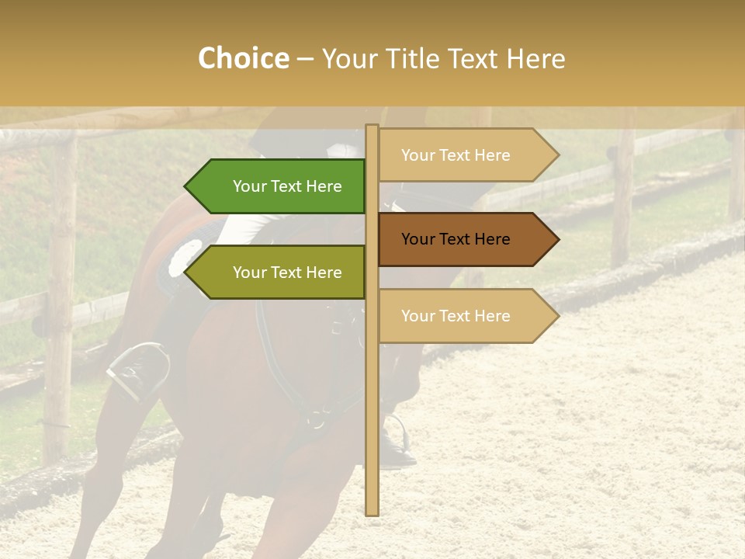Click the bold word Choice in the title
(x=243, y=58)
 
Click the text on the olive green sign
(x=287, y=273)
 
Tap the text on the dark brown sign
(x=456, y=239)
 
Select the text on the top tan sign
(x=456, y=155)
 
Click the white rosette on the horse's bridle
(x=184, y=256)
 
